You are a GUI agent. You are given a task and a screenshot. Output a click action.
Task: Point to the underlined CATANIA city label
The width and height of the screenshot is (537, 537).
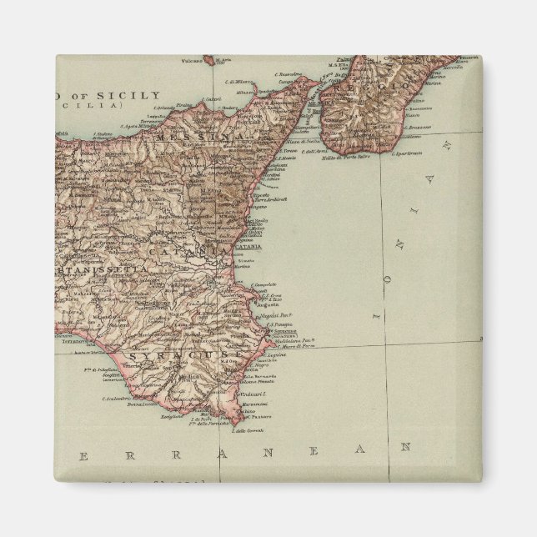tap(249, 246)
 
